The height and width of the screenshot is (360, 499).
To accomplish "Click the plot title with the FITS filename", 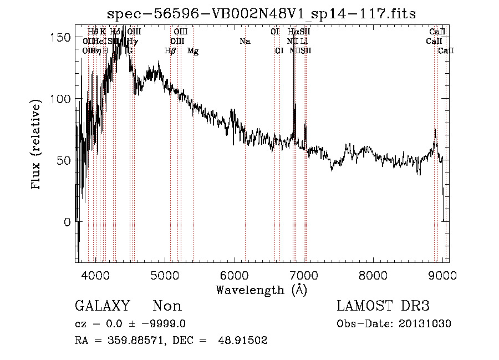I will [x=261, y=13].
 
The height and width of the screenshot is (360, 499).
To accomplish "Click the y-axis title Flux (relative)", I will [x=37, y=145].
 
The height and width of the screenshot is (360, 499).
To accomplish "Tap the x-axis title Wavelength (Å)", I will [x=261, y=290].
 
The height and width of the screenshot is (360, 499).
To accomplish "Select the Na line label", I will [x=245, y=42].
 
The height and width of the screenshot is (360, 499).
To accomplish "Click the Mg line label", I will [x=192, y=51].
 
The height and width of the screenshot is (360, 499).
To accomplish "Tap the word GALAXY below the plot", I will [x=103, y=307].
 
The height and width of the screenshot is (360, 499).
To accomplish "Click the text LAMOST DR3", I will [x=383, y=307].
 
